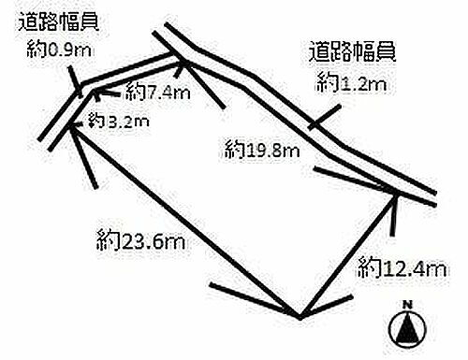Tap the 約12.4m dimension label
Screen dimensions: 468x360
point(398,269)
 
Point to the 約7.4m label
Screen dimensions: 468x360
point(157,92)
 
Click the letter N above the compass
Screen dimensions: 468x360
point(407,305)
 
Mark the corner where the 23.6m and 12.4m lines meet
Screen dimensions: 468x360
point(299,315)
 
